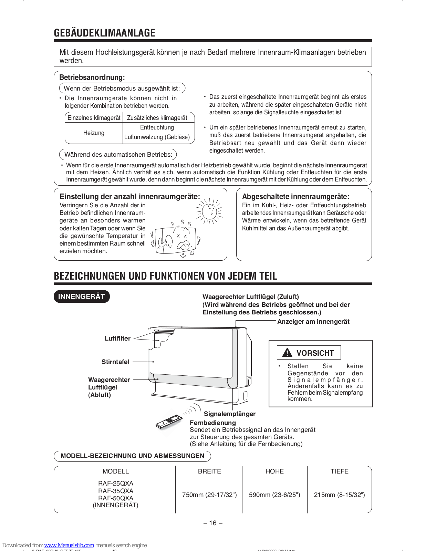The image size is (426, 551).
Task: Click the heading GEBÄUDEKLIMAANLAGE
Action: coord(104,33)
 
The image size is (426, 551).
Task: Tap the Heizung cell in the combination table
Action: coord(94,133)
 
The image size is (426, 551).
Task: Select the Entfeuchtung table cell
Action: coord(157,127)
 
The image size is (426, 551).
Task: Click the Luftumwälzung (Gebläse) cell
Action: coord(157,137)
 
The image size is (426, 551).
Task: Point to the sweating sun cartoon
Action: coord(209,211)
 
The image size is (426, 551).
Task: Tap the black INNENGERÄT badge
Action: coord(82,297)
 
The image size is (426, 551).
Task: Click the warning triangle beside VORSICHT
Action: coord(287,353)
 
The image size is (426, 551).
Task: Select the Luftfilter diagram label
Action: coord(117,339)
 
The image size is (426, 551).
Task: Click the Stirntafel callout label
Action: coord(115,362)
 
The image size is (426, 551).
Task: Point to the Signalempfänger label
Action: coord(230,414)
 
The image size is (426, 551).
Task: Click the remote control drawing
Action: coord(168,422)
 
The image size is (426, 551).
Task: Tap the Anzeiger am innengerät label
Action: coord(313,322)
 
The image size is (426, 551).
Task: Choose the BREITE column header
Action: coord(209,471)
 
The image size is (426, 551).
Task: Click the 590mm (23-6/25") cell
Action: coord(274,495)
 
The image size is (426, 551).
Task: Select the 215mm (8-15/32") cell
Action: coord(339,495)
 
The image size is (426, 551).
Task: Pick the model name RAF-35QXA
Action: coord(116,491)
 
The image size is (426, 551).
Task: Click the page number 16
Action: coord(213,523)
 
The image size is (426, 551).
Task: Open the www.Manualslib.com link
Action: coord(69,545)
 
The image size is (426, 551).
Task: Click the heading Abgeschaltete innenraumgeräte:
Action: coord(296,197)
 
